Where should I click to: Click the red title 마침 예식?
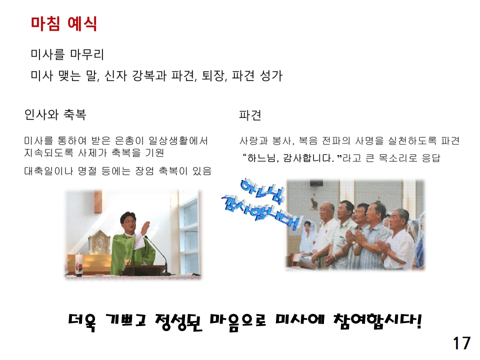[63, 23]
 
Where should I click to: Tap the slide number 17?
[462, 343]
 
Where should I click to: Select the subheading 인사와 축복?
[55, 115]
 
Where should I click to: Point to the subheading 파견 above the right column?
[250, 116]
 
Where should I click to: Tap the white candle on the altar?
[79, 263]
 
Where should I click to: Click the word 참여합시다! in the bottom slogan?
[377, 320]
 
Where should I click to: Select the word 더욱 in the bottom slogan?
[85, 320]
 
